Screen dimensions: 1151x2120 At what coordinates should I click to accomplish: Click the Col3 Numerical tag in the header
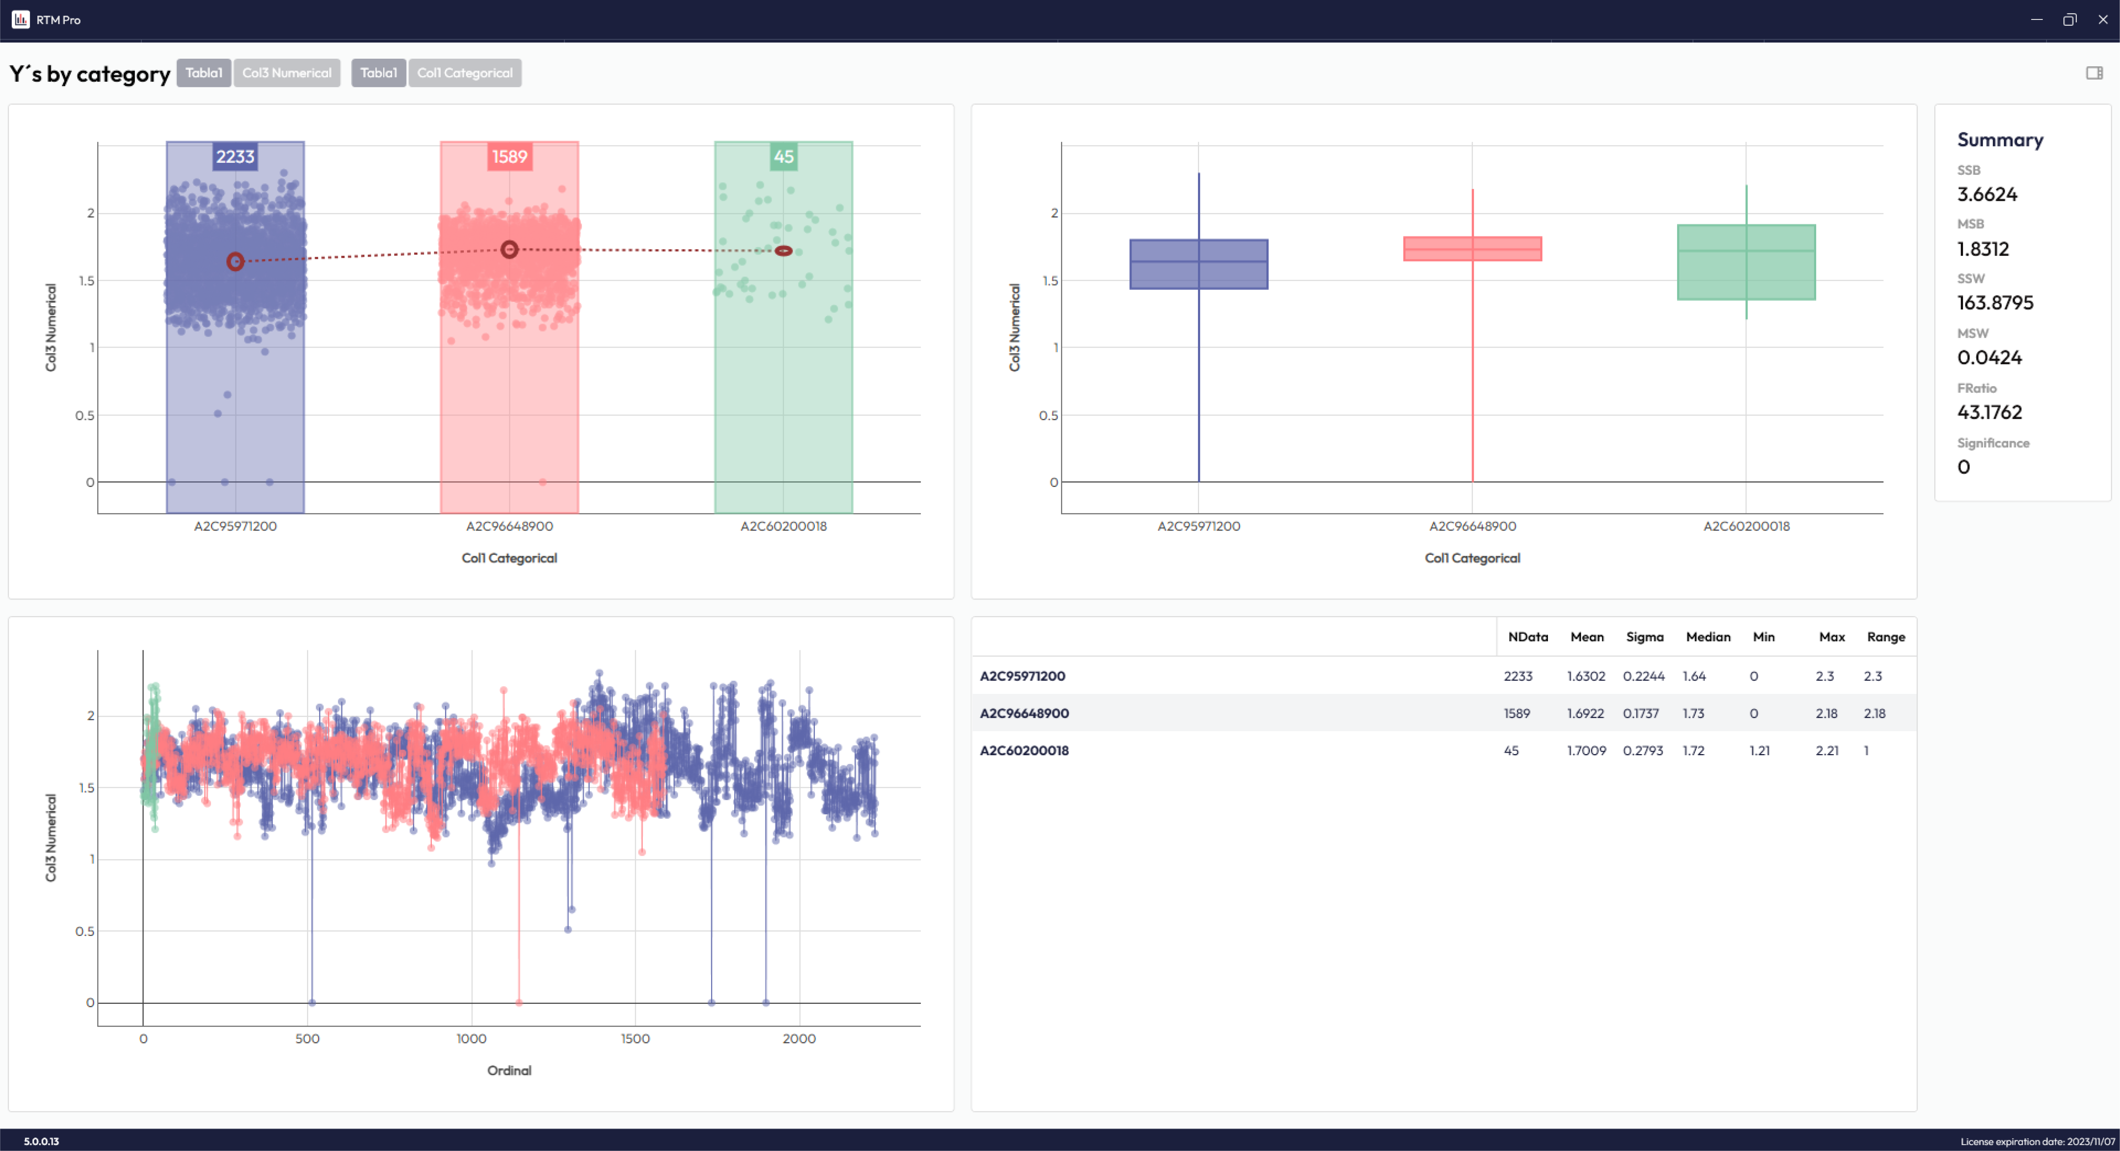tap(287, 72)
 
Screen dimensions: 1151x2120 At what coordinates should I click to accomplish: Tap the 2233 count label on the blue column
tap(236, 156)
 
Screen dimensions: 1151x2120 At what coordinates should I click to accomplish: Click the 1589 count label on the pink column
tap(509, 156)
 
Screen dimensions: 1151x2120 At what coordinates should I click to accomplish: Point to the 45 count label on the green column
tap(783, 156)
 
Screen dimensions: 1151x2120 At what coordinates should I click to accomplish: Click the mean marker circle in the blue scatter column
tap(236, 262)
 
